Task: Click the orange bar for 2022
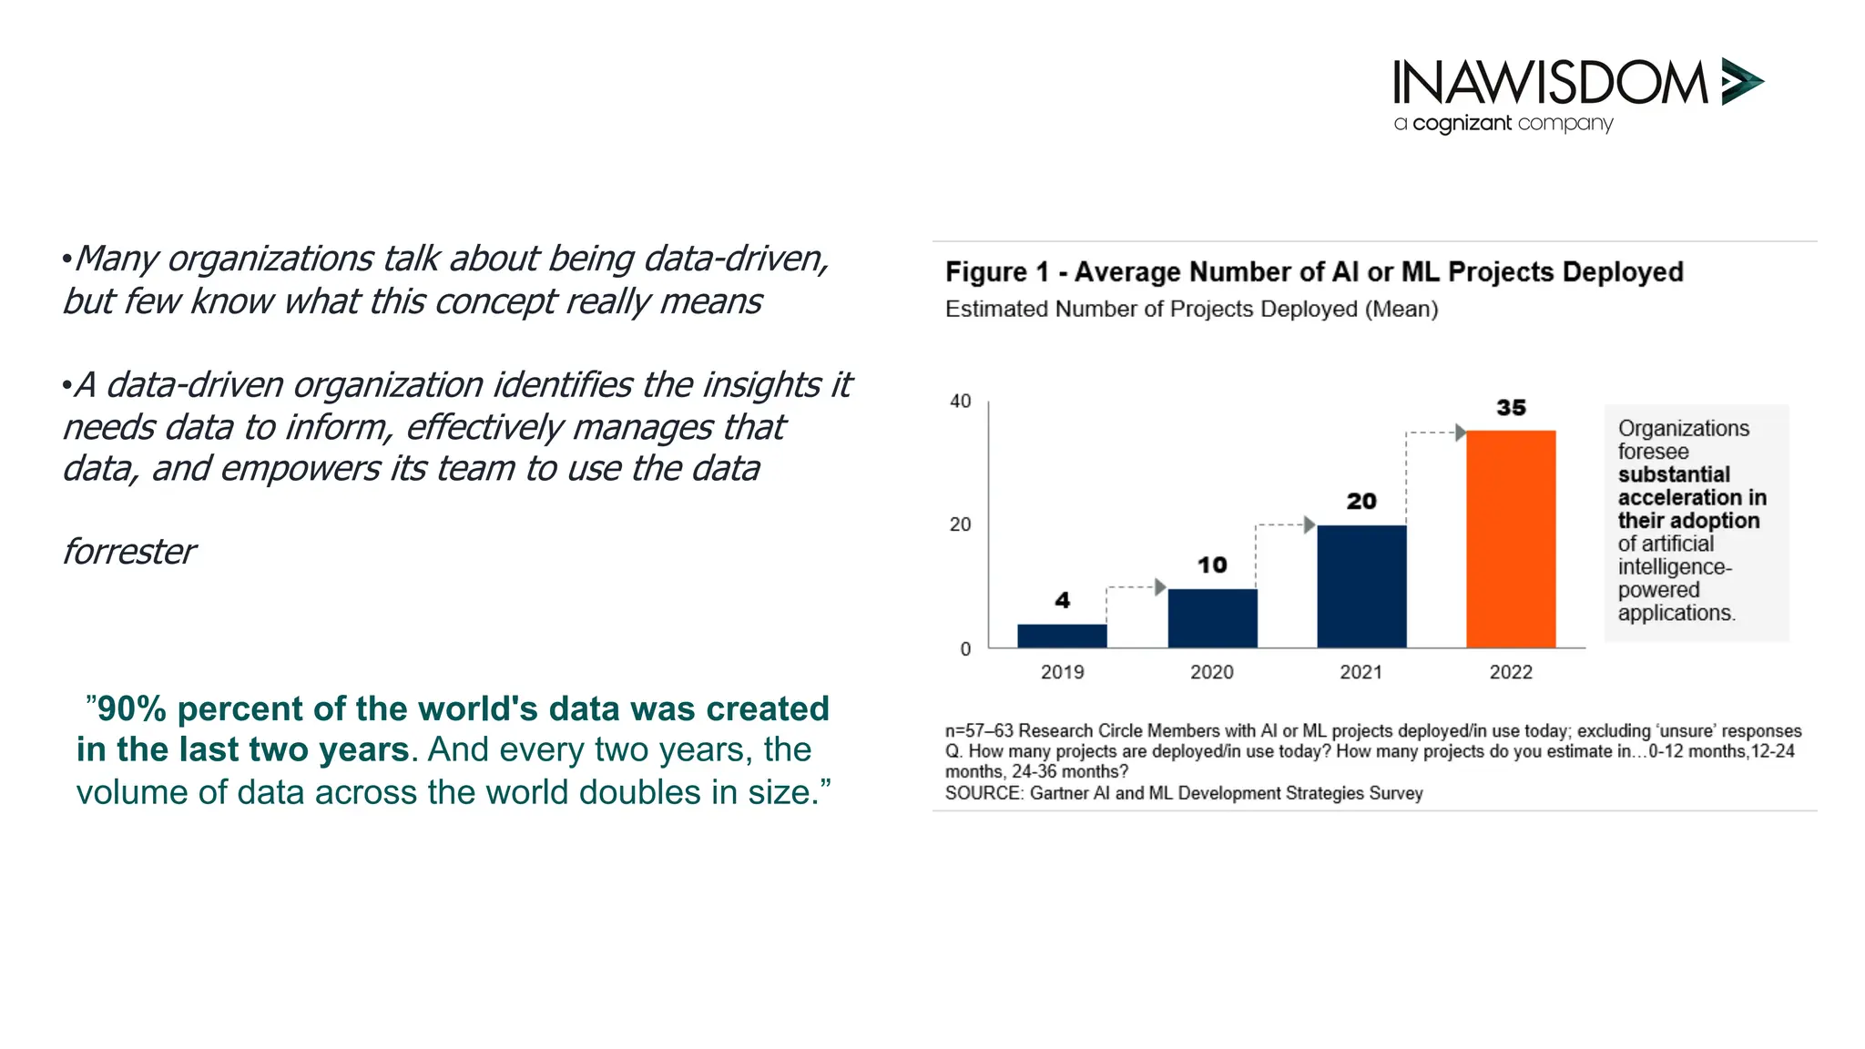tap(1511, 539)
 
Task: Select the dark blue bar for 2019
tap(1062, 636)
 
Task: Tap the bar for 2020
tap(1212, 618)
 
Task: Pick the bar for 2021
tap(1361, 586)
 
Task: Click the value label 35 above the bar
tap(1511, 408)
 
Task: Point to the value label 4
tap(1062, 600)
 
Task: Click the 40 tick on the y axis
tap(961, 402)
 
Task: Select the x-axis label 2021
tap(1361, 672)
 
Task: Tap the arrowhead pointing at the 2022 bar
tap(1460, 433)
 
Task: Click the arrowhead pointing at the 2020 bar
tap(1160, 587)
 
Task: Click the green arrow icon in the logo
tap(1741, 82)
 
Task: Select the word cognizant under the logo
tap(1462, 124)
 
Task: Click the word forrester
tap(129, 552)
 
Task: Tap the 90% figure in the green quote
tap(131, 709)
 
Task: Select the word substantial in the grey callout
tap(1674, 474)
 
